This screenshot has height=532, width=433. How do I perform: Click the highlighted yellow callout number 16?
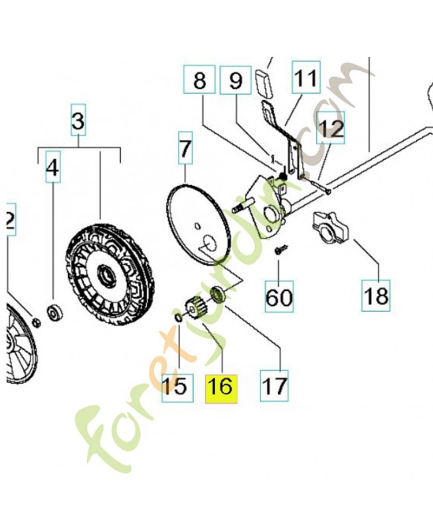[x=221, y=388]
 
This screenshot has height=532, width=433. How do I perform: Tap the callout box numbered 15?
[x=177, y=388]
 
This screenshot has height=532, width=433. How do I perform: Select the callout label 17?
[x=274, y=386]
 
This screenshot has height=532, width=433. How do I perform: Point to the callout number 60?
[x=279, y=296]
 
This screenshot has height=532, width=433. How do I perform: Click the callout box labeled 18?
[x=376, y=295]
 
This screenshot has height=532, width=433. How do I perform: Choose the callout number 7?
[x=185, y=148]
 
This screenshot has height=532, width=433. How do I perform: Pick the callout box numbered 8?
[x=199, y=79]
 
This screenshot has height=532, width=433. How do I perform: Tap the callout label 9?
[x=236, y=80]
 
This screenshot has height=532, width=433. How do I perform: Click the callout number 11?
[x=306, y=77]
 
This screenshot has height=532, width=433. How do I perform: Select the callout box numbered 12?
[x=331, y=128]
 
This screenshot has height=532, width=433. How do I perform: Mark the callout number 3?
[x=78, y=120]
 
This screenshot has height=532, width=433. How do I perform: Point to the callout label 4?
[x=53, y=167]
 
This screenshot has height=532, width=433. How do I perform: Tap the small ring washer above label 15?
[x=177, y=318]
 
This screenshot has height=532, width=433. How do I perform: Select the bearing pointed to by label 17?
[x=217, y=294]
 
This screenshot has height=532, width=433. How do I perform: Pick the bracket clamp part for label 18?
[x=330, y=227]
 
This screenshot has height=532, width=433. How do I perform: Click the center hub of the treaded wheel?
[x=106, y=277]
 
